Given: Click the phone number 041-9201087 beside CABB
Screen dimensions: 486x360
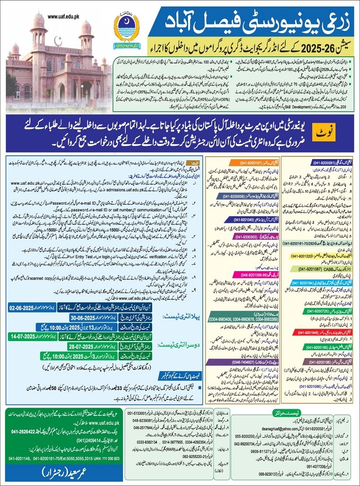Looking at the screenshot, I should pos(316,269).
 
